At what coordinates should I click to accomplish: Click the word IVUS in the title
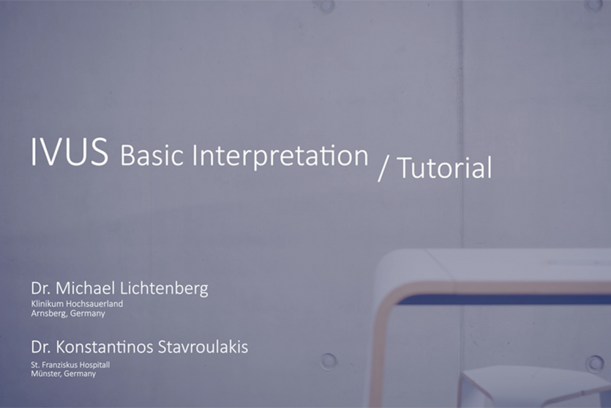(x=70, y=152)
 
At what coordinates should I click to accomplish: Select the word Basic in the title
(x=151, y=155)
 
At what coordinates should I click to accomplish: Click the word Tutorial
(x=445, y=168)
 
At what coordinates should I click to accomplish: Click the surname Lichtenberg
(x=164, y=289)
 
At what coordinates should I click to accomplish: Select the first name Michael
(x=86, y=289)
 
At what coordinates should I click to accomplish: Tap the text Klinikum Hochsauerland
(x=77, y=303)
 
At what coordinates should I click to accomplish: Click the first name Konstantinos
(x=105, y=346)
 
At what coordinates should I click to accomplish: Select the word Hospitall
(x=95, y=366)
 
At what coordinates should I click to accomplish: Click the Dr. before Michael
(x=41, y=289)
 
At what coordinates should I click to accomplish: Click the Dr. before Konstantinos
(x=41, y=346)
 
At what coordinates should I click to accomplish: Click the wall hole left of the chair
(x=328, y=361)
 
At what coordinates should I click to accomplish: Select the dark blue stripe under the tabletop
(x=503, y=299)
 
